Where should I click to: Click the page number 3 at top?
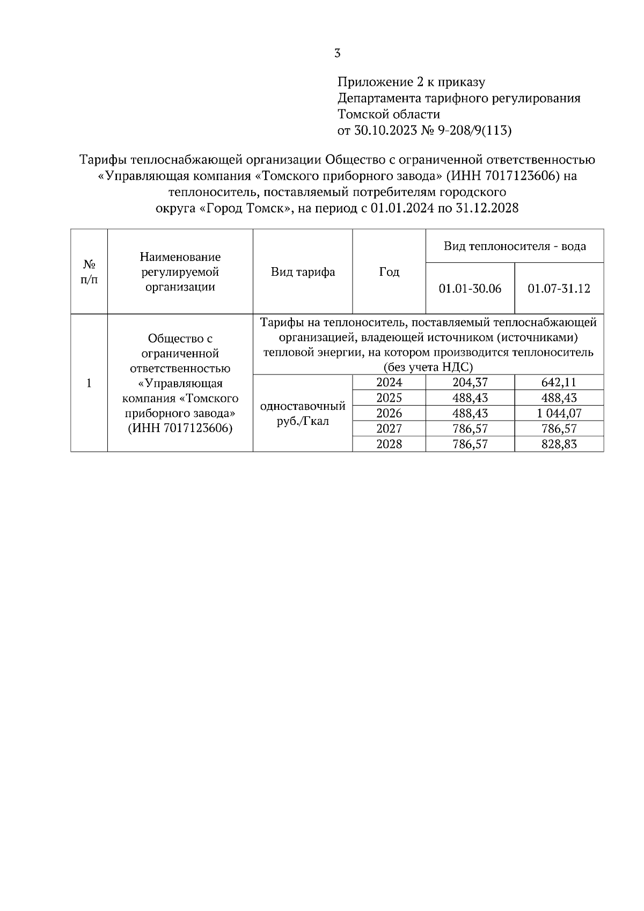[337, 53]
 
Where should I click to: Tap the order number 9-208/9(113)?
[474, 130]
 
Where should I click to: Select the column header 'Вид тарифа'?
[303, 272]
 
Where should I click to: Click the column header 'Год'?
[389, 272]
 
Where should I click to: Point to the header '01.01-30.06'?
[470, 289]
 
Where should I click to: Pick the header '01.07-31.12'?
[559, 289]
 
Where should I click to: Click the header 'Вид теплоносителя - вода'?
[515, 246]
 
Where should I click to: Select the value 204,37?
[470, 383]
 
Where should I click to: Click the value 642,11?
[559, 383]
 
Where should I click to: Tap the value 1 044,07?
[559, 413]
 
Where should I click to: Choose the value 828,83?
[559, 444]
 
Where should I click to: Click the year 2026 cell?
[389, 413]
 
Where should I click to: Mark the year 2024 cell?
[389, 383]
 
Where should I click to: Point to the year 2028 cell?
[389, 444]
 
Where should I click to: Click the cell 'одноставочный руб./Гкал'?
[303, 414]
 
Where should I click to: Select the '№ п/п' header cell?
[89, 272]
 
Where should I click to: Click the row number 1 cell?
[89, 383]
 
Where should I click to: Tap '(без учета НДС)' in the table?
[428, 368]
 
